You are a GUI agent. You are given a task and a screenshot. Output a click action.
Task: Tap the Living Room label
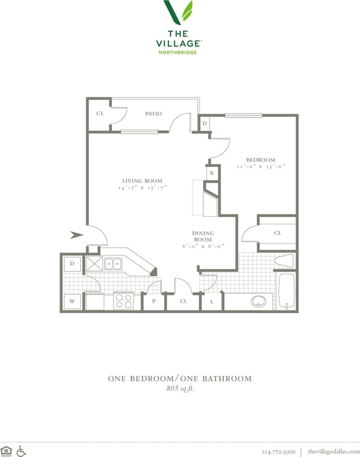(x=142, y=181)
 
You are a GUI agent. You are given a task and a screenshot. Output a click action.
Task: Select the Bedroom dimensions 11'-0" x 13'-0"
(x=260, y=167)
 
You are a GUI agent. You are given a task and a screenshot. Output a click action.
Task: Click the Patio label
(x=153, y=113)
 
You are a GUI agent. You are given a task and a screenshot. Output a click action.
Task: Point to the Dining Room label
(x=203, y=236)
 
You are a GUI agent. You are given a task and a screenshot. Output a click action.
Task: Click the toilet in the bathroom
(x=285, y=260)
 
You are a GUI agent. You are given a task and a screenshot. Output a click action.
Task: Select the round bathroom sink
(x=258, y=302)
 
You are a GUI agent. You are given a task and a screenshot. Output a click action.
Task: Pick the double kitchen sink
(x=112, y=264)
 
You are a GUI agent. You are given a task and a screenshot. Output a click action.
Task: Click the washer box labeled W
(x=72, y=302)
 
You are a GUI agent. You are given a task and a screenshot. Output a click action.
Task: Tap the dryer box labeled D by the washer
(x=72, y=263)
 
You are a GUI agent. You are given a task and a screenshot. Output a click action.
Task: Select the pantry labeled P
(x=153, y=302)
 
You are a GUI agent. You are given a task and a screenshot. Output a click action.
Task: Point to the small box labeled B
(x=212, y=173)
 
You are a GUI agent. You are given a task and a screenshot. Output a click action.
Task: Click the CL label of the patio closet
(x=100, y=113)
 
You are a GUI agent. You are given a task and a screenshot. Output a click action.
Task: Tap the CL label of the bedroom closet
(x=278, y=233)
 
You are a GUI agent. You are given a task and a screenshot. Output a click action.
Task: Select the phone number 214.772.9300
(x=278, y=451)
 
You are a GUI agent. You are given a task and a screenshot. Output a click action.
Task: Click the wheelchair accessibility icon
(x=21, y=450)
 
